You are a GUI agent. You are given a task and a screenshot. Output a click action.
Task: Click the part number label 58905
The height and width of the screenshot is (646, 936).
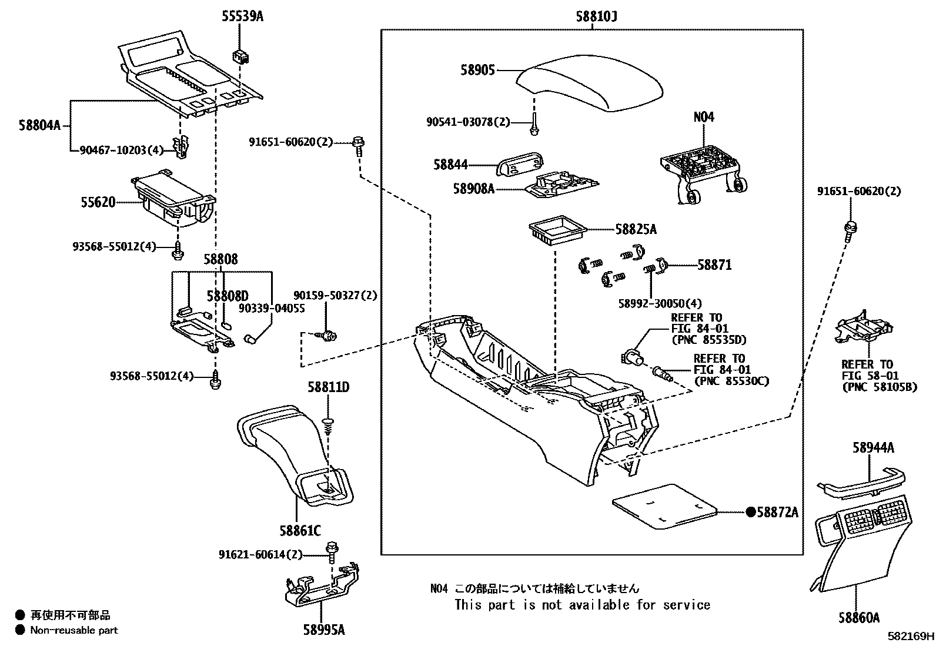click(477, 70)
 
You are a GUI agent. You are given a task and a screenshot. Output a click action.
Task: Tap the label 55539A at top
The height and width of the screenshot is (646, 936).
click(242, 16)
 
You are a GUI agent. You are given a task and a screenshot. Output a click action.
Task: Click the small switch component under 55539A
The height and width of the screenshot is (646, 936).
click(240, 56)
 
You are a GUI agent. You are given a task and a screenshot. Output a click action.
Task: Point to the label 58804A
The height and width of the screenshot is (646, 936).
click(39, 126)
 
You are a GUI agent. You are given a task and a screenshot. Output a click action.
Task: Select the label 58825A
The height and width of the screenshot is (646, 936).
click(636, 229)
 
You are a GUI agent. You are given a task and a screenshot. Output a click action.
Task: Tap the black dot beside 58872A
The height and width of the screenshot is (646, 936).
click(750, 512)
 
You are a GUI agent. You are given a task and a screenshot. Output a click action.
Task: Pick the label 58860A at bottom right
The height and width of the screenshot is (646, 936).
click(859, 618)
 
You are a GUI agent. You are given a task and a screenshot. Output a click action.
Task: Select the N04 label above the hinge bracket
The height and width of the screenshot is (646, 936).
click(703, 117)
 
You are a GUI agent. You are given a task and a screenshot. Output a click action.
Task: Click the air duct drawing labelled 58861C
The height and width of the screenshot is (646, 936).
click(294, 453)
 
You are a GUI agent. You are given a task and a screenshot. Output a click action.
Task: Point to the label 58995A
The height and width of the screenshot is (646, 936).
click(324, 630)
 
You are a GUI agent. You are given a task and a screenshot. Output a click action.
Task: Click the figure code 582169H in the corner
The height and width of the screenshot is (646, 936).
click(911, 637)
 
